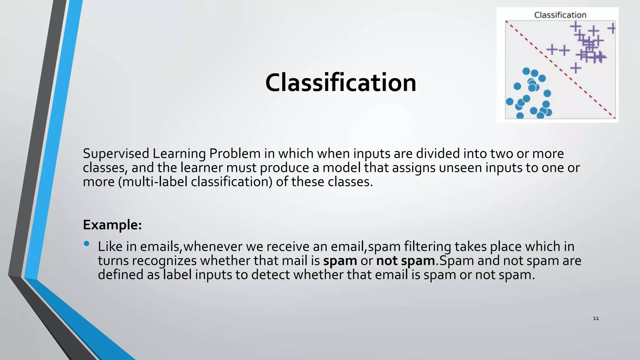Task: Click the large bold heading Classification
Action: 341,83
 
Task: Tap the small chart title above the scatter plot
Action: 560,15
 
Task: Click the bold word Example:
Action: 112,225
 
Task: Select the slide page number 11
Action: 596,318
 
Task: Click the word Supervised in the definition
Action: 116,154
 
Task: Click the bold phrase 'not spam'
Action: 405,261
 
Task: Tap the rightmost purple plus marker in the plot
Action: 612,28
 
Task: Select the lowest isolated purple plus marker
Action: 575,67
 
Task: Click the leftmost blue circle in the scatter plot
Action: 510,102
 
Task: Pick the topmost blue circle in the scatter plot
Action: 526,71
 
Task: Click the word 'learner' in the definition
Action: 201,168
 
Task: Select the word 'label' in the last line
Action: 177,275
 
